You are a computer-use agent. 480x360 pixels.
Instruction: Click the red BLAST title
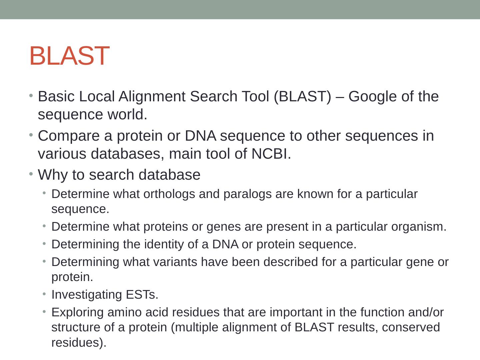click(69, 56)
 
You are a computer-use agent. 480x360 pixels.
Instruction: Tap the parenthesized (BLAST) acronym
click(302, 97)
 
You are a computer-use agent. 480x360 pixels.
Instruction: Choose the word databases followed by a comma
click(127, 154)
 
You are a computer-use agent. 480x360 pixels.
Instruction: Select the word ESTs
click(142, 295)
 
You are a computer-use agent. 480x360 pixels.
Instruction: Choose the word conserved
click(411, 328)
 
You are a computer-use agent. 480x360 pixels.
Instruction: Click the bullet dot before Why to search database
click(31, 174)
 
